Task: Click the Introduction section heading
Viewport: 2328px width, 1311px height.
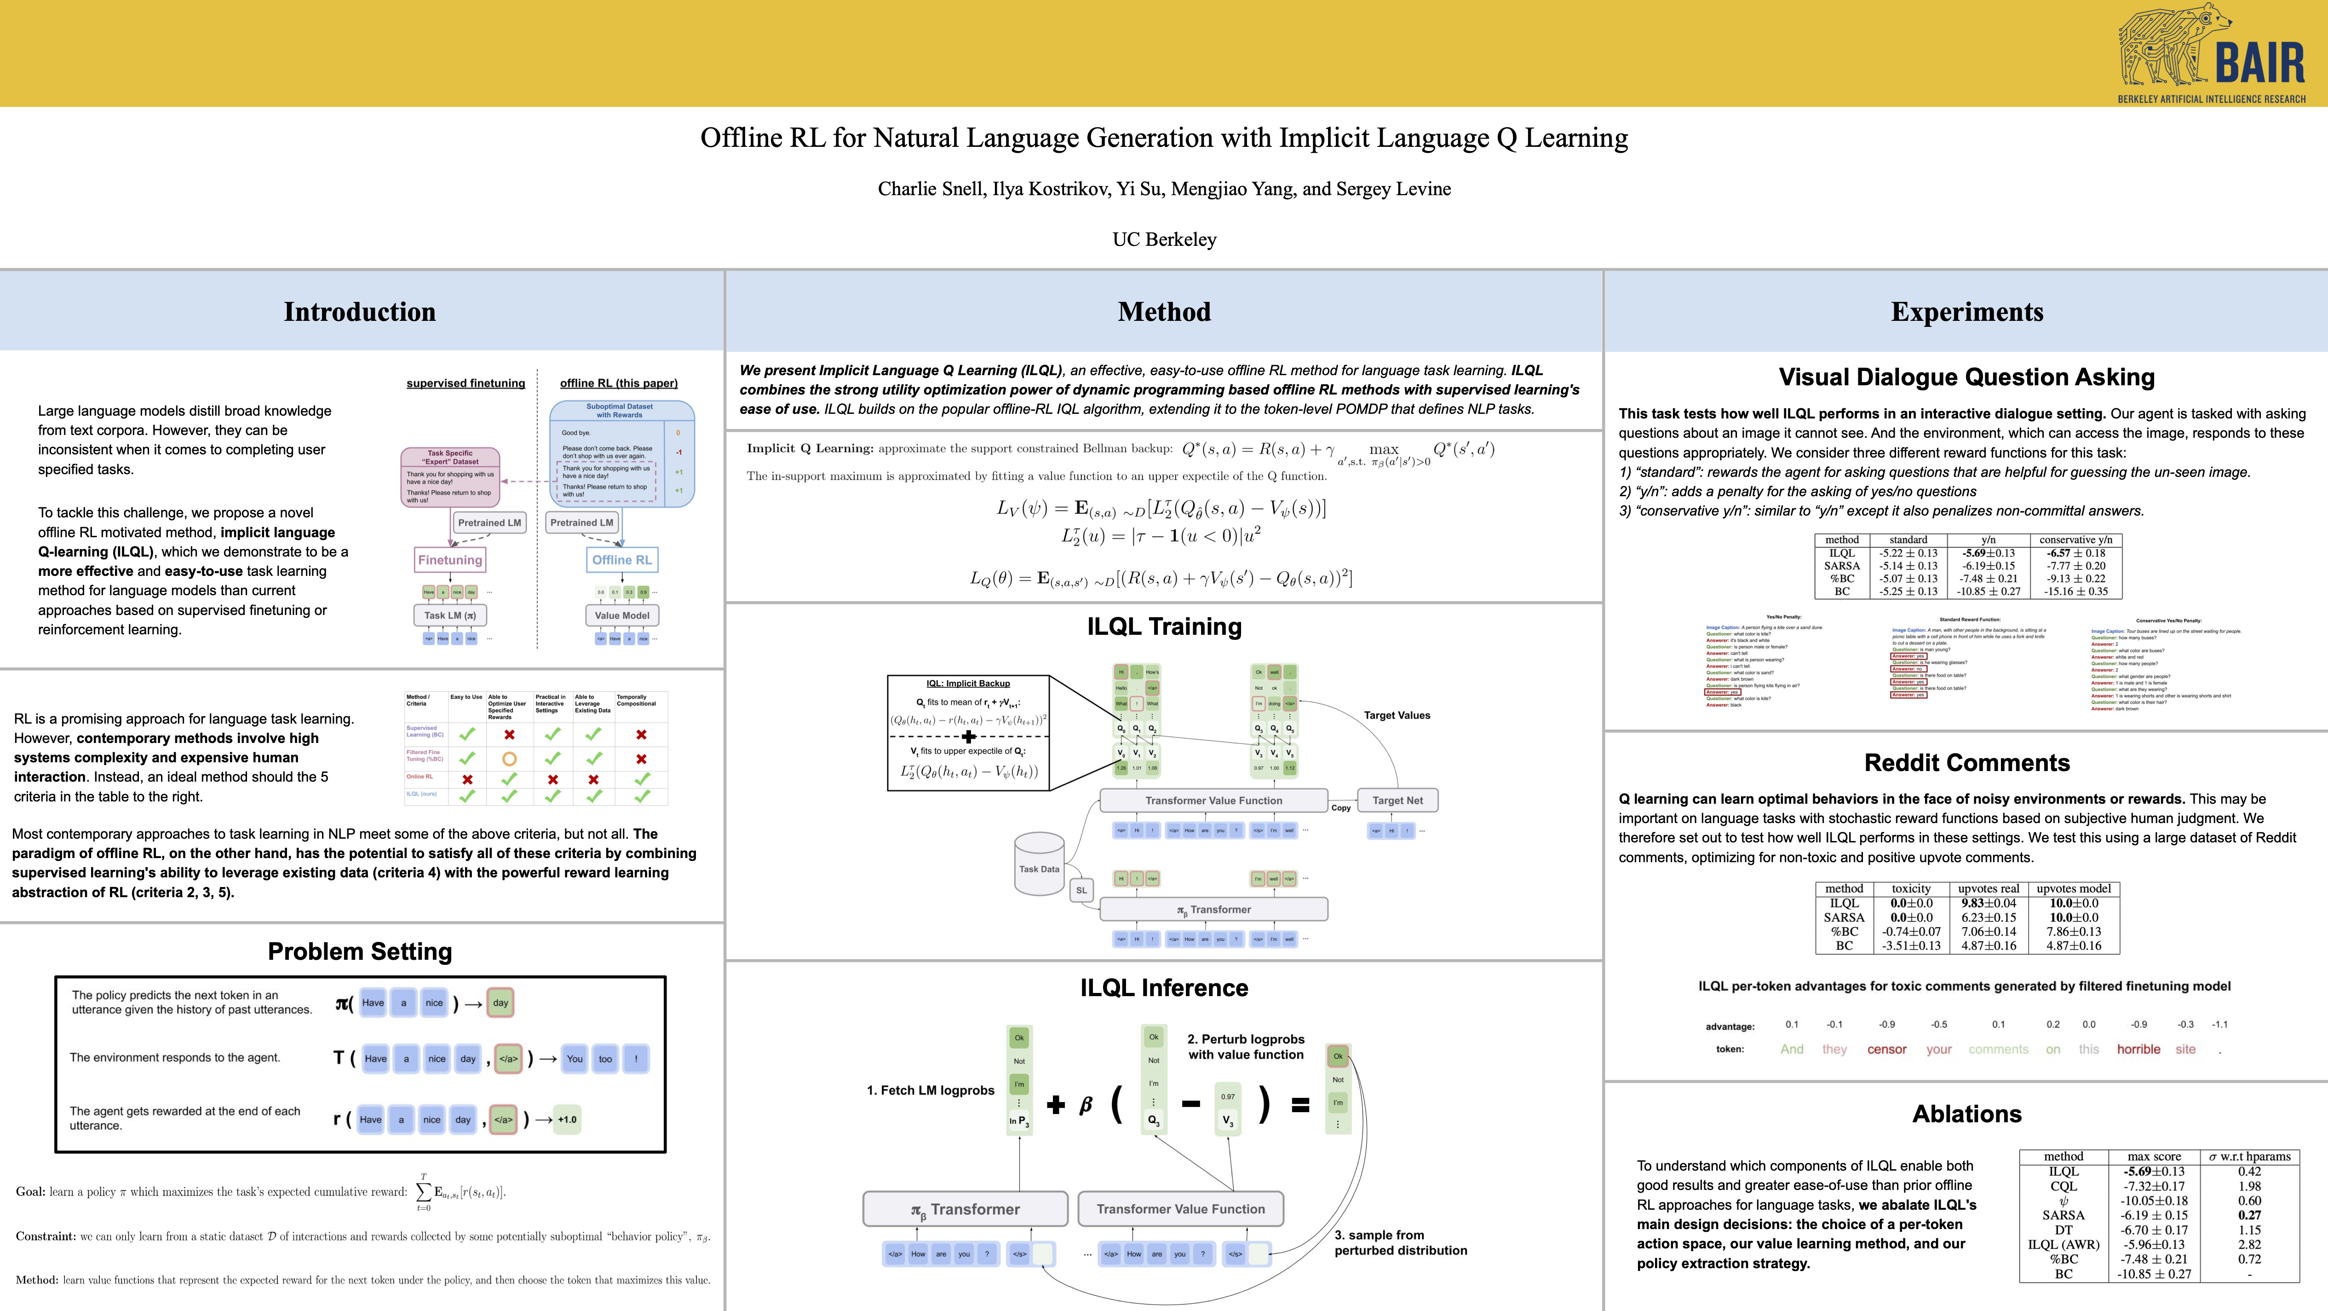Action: tap(360, 312)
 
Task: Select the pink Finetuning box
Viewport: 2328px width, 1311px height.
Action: tap(450, 560)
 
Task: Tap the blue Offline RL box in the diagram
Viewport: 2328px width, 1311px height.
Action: tap(622, 560)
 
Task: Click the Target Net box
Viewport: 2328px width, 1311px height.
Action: tap(1397, 800)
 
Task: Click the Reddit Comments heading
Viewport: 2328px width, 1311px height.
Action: tap(1966, 763)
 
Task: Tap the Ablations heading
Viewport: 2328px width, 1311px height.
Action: tap(1966, 1114)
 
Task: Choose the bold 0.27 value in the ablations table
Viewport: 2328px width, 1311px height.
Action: tap(2249, 1215)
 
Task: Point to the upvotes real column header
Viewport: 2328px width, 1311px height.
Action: tap(1988, 889)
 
